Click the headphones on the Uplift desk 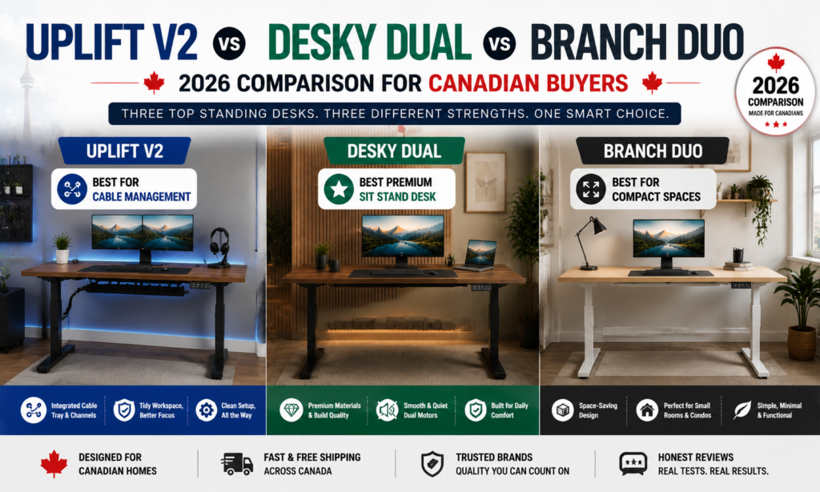click(x=219, y=246)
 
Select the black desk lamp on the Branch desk click(x=590, y=244)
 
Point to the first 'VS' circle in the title click(x=229, y=43)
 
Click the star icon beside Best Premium click(x=339, y=189)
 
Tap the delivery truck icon click(x=237, y=464)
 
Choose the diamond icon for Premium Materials click(x=291, y=410)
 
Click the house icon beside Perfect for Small click(x=647, y=410)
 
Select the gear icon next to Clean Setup click(x=206, y=410)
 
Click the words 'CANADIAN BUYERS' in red click(x=529, y=84)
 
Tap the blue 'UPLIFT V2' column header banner click(x=124, y=151)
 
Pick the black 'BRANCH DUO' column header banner click(x=653, y=151)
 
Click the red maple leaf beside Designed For click(x=54, y=464)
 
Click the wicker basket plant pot click(x=802, y=343)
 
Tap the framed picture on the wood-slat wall click(x=486, y=182)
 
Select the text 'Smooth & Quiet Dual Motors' click(x=425, y=410)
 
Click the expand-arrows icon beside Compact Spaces click(x=591, y=189)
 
